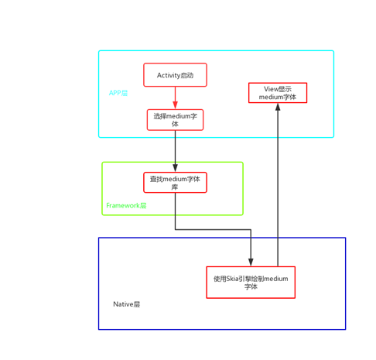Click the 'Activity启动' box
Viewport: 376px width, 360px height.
pyautogui.click(x=175, y=75)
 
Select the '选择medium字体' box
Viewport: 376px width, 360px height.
pyautogui.click(x=175, y=119)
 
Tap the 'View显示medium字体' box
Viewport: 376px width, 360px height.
pyautogui.click(x=278, y=93)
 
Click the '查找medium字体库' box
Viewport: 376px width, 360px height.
pyautogui.click(x=175, y=183)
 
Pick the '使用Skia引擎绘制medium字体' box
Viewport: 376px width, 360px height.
pyautogui.click(x=251, y=282)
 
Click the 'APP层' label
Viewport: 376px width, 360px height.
pyautogui.click(x=118, y=93)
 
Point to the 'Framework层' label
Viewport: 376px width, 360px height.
pyautogui.click(x=126, y=206)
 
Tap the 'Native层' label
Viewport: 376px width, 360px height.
pyautogui.click(x=127, y=304)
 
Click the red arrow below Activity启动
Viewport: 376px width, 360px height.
pyautogui.click(x=175, y=98)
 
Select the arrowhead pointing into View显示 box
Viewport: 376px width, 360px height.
pyautogui.click(x=278, y=107)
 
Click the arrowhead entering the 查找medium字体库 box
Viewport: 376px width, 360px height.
pyautogui.click(x=175, y=168)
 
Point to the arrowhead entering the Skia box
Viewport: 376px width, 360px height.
pyautogui.click(x=251, y=262)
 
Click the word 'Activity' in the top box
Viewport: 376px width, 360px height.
pyautogui.click(x=169, y=75)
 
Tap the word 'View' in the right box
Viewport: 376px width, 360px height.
pyautogui.click(x=271, y=89)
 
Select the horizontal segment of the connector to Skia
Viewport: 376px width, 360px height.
pyautogui.click(x=213, y=229)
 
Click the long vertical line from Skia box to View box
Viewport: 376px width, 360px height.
pyautogui.click(x=278, y=194)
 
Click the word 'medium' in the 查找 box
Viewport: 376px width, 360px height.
pyautogui.click(x=179, y=179)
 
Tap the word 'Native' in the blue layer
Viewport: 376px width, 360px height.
pyautogui.click(x=123, y=304)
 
